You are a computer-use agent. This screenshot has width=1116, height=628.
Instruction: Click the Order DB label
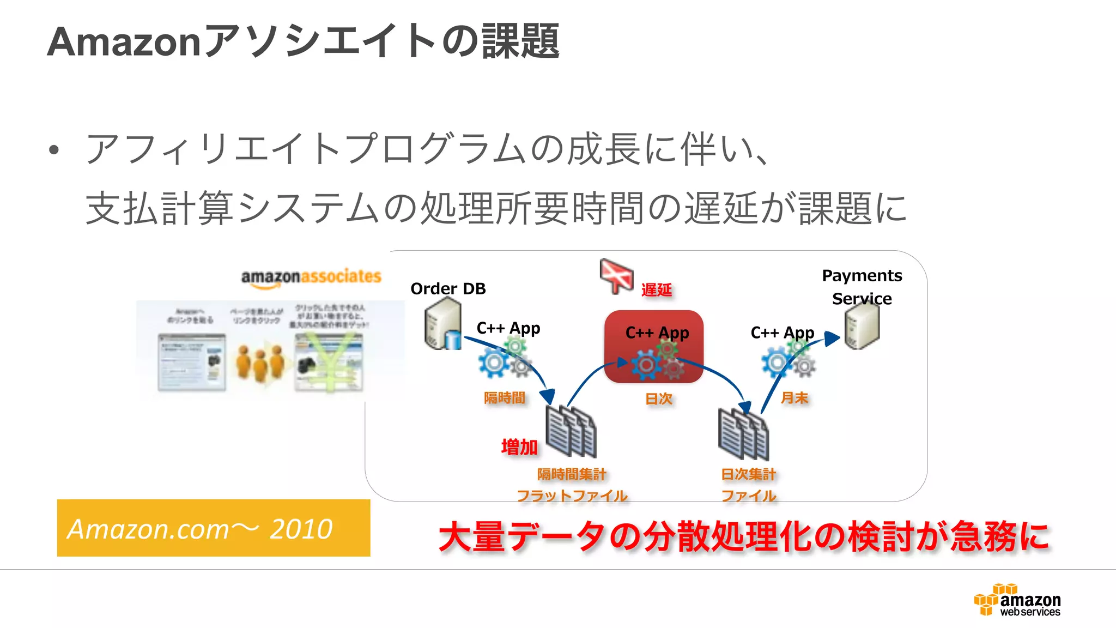(448, 288)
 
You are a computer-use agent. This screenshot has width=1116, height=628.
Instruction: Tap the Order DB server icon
(442, 325)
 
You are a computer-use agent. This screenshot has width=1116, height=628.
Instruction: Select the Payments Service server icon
(862, 326)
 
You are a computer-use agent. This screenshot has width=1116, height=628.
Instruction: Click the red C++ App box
(654, 347)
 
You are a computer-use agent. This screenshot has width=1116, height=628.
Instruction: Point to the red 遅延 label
(656, 290)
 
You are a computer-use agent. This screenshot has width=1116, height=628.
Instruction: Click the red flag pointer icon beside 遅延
(616, 275)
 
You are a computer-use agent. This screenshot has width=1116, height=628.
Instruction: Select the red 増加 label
(519, 448)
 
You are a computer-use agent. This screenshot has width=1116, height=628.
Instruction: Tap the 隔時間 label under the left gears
(505, 398)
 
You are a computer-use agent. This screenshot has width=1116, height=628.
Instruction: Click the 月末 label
(794, 398)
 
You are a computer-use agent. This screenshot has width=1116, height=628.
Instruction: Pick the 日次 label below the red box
(659, 399)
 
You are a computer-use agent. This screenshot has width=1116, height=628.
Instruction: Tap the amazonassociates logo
(311, 277)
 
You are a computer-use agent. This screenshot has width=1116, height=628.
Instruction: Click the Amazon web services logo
(1018, 600)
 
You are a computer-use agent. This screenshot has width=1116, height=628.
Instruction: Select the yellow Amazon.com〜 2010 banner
(213, 528)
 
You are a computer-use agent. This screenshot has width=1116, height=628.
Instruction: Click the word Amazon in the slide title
(124, 41)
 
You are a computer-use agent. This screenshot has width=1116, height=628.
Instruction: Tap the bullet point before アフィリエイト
(53, 150)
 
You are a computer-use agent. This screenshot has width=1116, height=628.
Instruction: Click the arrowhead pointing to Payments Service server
(832, 339)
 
